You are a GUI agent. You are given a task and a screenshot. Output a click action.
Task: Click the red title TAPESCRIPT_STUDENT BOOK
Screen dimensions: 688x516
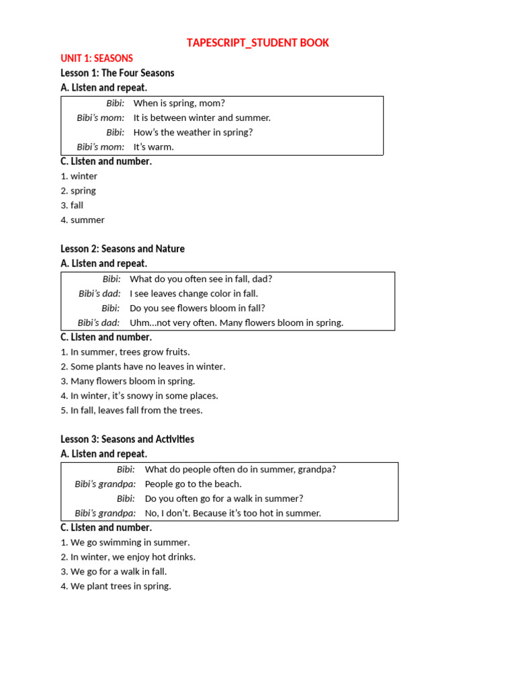[x=258, y=43]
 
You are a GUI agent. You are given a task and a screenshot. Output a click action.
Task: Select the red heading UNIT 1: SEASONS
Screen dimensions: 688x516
[x=97, y=58]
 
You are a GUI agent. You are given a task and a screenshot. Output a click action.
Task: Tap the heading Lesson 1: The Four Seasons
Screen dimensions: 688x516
[x=118, y=73]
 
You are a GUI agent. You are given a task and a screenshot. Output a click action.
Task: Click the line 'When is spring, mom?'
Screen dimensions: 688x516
[x=179, y=103]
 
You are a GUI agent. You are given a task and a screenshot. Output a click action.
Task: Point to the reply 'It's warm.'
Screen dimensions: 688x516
[x=153, y=147]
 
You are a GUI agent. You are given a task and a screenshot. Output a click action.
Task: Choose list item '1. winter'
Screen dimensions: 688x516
[x=79, y=176]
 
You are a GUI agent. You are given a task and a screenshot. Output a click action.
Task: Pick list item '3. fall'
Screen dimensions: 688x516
[x=72, y=206]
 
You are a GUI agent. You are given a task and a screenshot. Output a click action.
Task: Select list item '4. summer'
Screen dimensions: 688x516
[x=83, y=220]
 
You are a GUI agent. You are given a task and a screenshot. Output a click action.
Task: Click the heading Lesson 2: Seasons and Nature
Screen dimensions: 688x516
[x=122, y=249]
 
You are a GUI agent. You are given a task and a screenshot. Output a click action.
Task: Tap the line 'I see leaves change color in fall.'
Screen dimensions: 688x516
[x=193, y=294]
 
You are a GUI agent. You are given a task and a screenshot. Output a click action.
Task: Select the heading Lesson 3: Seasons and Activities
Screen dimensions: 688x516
[x=127, y=439]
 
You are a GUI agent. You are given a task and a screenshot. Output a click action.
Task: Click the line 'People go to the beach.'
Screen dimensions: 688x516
[x=193, y=484]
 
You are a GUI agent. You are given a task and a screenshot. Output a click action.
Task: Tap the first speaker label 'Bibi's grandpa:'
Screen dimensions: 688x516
[x=105, y=484]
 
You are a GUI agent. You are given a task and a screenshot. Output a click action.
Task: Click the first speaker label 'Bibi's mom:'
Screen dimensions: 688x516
[x=101, y=118]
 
